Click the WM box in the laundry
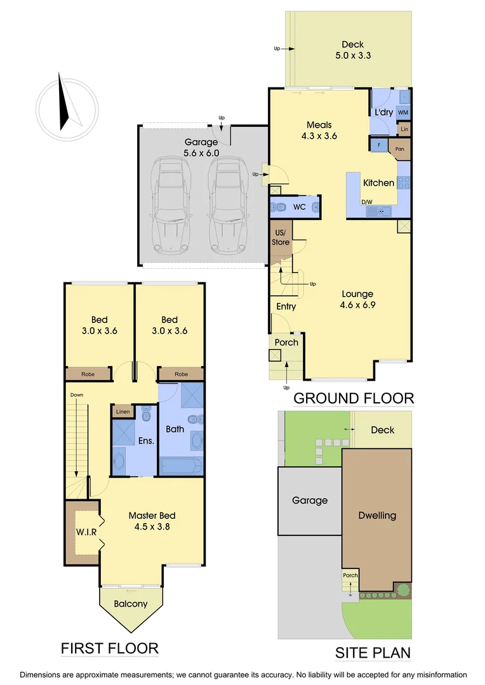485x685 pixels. pos(402,112)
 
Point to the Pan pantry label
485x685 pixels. pos(400,150)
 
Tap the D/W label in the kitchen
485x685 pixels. pos(367,202)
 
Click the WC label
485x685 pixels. pos(300,207)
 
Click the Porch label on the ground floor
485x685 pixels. pos(286,342)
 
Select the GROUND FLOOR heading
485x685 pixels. pos(354,398)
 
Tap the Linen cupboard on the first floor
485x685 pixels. pos(123,412)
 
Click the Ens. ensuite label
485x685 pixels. pos(146,441)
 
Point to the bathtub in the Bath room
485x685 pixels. pos(181,466)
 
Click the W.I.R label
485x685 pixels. pos(86,532)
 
